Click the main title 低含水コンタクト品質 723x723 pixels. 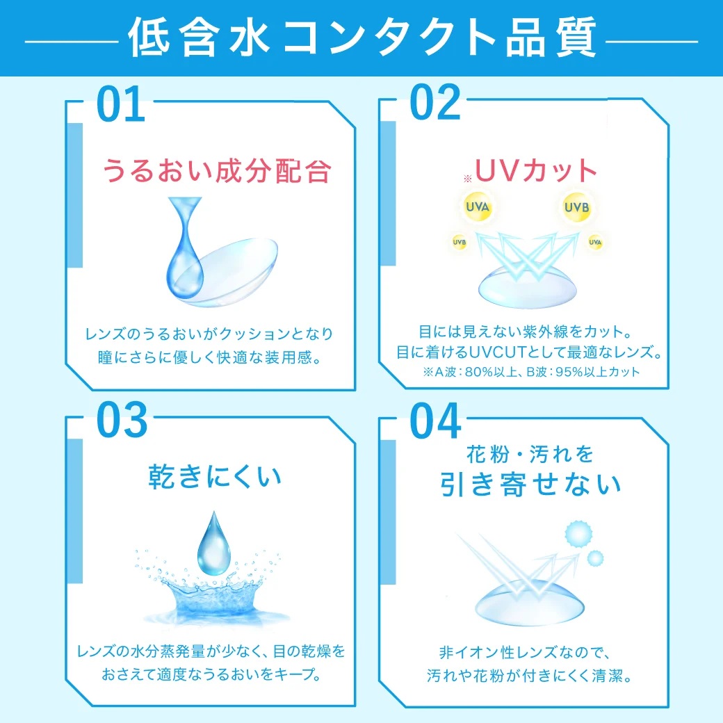point(362,38)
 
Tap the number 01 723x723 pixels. point(121,105)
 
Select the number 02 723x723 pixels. point(434,102)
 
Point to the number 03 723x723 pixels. point(122,420)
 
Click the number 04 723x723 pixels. point(435,421)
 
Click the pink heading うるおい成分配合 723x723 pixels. point(217,170)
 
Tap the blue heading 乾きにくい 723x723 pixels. point(215,476)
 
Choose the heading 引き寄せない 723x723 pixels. point(530,484)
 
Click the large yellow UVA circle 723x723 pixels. point(477,206)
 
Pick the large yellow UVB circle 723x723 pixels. point(577,207)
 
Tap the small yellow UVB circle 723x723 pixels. point(460,242)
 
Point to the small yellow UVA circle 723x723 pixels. point(595,242)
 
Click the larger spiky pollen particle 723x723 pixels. point(578,535)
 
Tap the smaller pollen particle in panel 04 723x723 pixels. point(595,558)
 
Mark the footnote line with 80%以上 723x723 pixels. point(531,372)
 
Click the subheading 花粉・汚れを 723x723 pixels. point(530,454)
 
